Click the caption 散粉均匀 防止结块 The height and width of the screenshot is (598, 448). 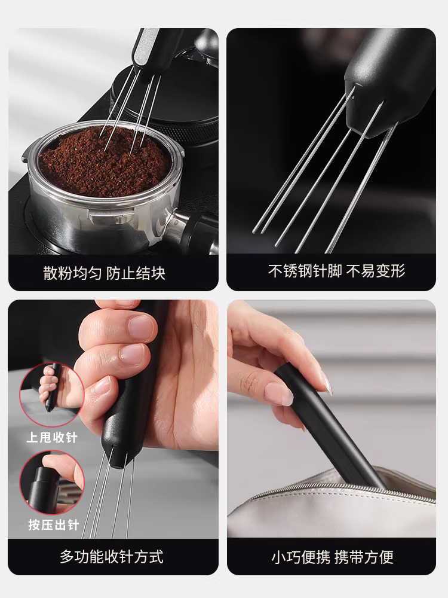(104, 274)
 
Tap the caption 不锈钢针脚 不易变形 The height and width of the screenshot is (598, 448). (337, 271)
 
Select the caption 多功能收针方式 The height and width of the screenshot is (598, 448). (111, 557)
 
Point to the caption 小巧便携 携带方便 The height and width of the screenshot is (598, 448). (332, 557)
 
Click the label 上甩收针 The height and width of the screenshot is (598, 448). (52, 437)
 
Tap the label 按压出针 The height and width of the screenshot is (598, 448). (52, 525)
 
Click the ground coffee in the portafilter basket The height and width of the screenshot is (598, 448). (105, 160)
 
